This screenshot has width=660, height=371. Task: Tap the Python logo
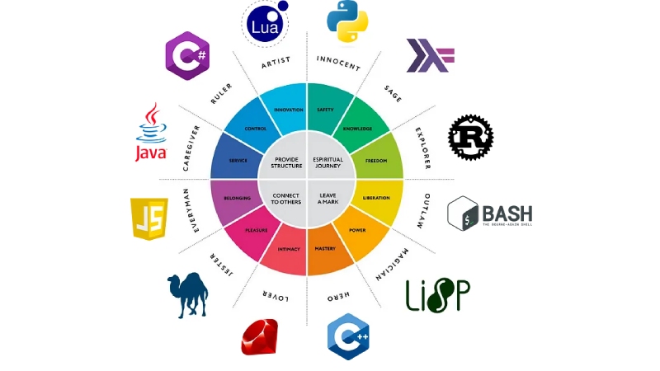click(x=346, y=22)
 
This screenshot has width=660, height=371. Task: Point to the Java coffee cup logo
click(x=151, y=132)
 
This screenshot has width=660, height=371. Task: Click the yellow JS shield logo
click(x=149, y=218)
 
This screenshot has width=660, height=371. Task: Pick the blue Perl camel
click(x=187, y=294)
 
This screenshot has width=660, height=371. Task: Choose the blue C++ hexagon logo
click(x=347, y=336)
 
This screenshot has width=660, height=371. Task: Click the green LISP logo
click(x=437, y=294)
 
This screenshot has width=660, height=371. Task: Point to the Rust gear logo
click(x=470, y=136)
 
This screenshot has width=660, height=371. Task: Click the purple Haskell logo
click(x=430, y=56)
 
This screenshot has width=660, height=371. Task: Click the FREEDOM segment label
click(x=376, y=160)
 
